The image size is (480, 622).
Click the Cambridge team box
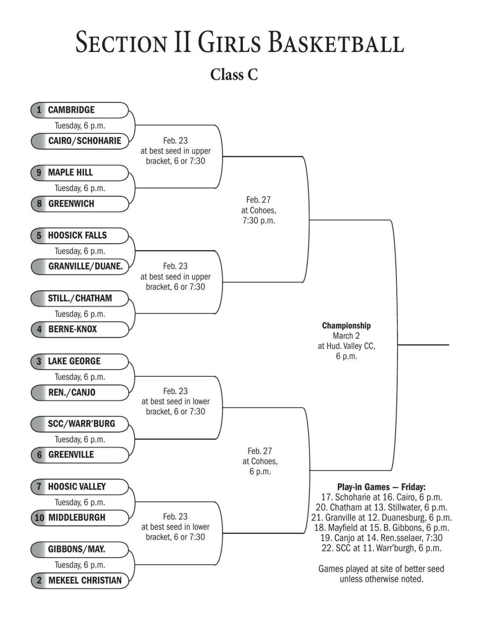point(80,110)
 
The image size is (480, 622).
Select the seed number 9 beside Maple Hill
point(39,173)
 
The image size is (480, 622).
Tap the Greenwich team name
point(71,204)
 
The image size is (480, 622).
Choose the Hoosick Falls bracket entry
point(80,235)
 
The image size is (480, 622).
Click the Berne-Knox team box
point(80,329)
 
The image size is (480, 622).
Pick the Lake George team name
point(74,361)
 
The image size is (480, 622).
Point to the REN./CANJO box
point(80,392)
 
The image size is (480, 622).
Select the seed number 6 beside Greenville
point(39,455)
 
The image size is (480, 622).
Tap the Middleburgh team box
point(80,518)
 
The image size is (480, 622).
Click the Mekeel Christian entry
point(80,580)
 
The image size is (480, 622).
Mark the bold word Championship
point(346,325)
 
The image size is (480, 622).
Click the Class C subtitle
point(234,74)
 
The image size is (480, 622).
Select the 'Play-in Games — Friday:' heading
point(381,487)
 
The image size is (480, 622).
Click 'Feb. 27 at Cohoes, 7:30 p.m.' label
point(259,210)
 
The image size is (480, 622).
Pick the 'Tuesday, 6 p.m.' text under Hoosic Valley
point(80,502)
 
